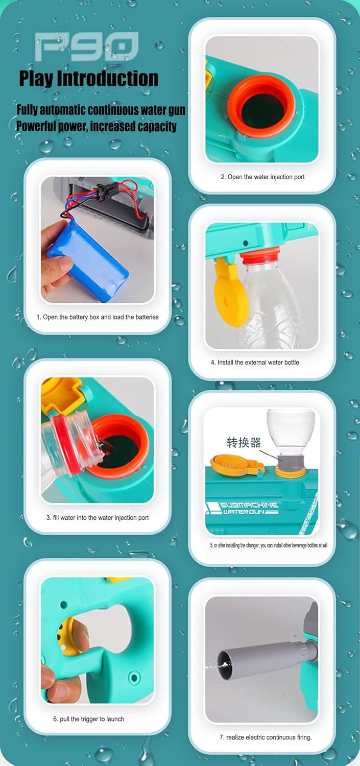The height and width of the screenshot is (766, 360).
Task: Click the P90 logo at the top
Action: click(x=87, y=46)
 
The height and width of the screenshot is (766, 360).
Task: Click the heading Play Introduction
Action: click(x=89, y=78)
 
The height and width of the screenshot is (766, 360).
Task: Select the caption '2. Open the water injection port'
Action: click(x=262, y=177)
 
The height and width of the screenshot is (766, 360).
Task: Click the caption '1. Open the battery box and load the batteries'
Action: click(x=98, y=317)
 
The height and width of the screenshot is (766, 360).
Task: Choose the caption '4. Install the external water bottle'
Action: click(x=255, y=363)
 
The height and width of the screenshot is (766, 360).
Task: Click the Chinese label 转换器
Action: click(x=244, y=442)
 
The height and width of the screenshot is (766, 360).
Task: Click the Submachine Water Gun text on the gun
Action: click(x=244, y=508)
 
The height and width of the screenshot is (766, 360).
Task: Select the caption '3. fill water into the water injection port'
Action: click(x=98, y=518)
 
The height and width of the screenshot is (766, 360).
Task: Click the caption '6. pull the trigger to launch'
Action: click(x=88, y=719)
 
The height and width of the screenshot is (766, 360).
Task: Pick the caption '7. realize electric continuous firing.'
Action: click(x=266, y=737)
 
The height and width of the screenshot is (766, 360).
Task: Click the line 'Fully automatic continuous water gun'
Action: click(x=101, y=110)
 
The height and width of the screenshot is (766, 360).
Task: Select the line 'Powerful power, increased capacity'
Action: click(x=97, y=126)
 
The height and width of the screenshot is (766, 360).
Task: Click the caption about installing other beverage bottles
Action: click(x=269, y=545)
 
